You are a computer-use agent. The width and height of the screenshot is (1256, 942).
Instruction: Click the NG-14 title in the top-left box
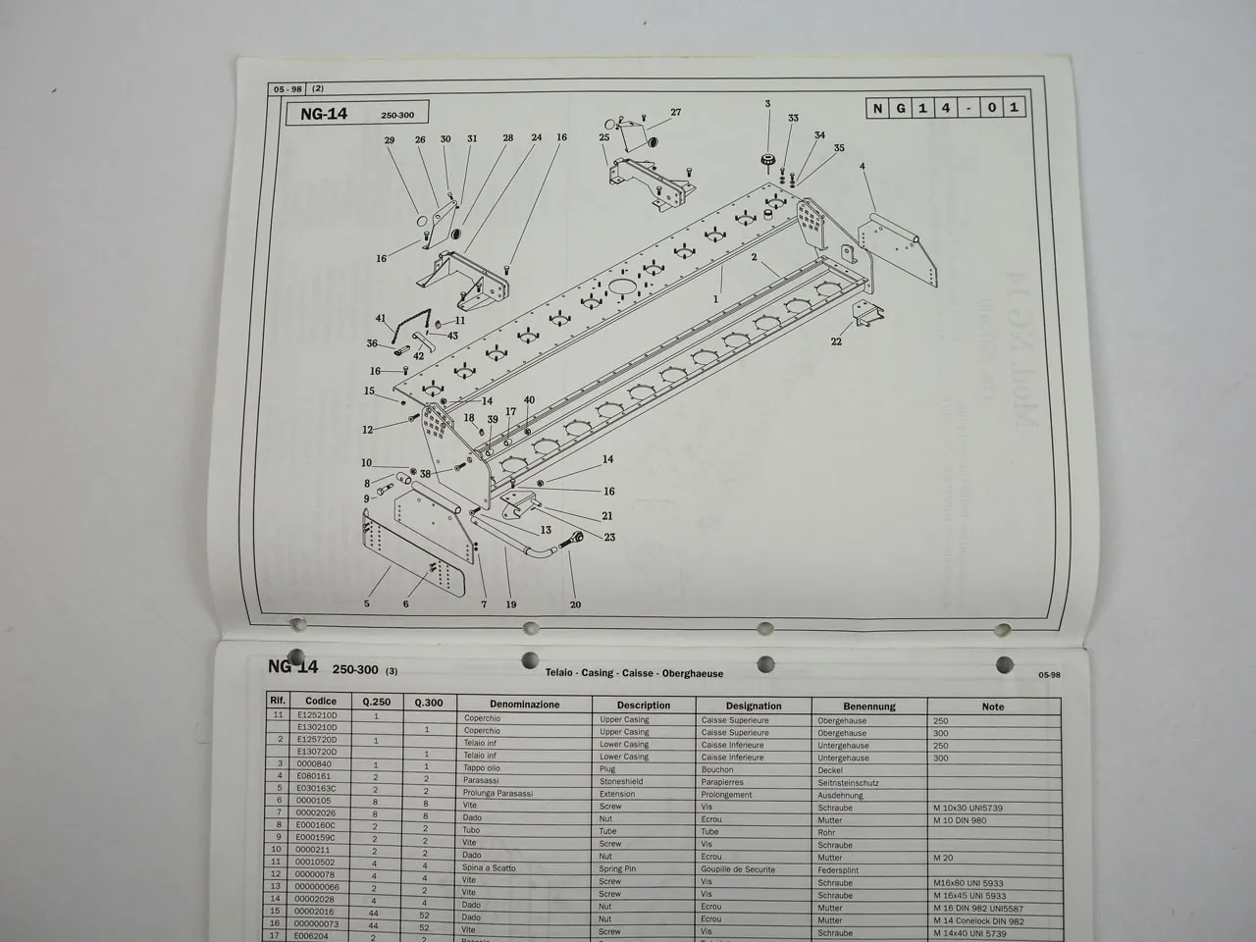click(x=324, y=114)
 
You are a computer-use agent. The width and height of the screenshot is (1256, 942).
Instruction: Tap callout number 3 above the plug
click(x=767, y=103)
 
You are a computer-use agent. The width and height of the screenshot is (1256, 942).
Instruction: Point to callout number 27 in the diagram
click(x=675, y=112)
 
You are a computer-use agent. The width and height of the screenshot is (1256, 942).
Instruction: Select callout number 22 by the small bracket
click(x=836, y=341)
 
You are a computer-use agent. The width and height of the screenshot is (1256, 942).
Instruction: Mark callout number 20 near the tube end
click(x=575, y=604)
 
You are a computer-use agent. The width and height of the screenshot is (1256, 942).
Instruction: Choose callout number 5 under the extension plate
click(x=367, y=603)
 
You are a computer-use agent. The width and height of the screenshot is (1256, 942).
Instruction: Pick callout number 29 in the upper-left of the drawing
click(x=390, y=140)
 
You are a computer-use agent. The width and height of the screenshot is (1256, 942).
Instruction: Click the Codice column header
click(x=321, y=702)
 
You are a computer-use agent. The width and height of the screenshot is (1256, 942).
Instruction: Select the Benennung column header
click(x=868, y=706)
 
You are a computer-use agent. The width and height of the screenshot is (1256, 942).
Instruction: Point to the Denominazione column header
click(x=525, y=705)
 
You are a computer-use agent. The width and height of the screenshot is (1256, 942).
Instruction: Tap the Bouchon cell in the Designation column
click(x=717, y=769)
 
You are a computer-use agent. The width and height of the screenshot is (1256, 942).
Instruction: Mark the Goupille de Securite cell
click(x=738, y=869)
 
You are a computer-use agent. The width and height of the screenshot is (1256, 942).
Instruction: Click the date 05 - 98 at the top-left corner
click(x=288, y=89)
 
